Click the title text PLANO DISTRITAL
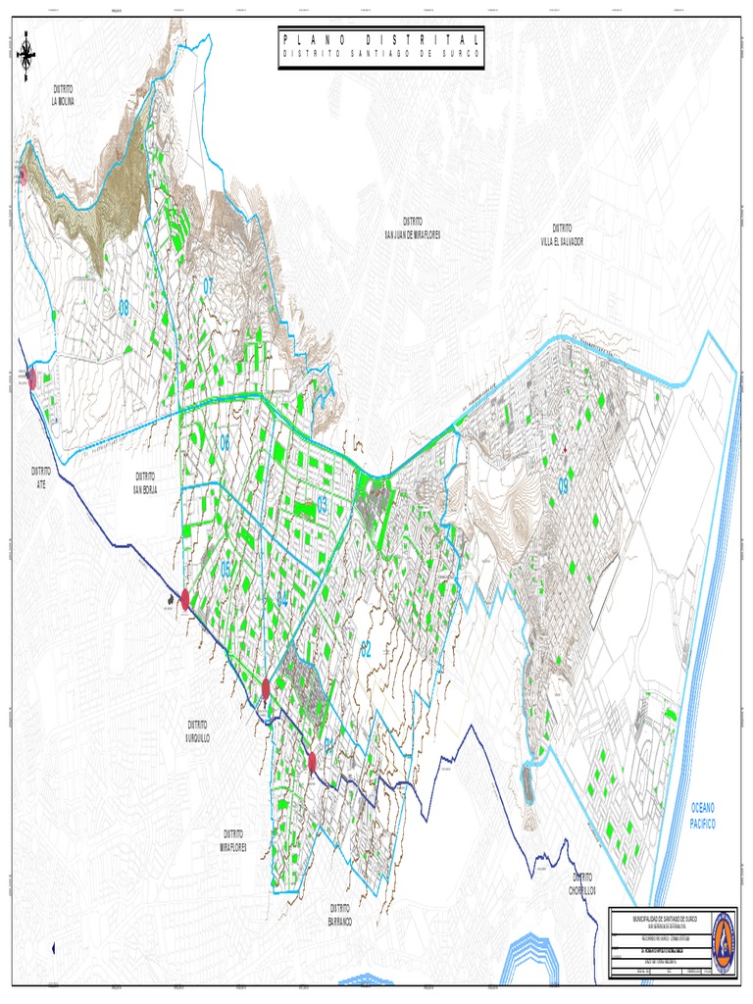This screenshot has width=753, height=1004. pyautogui.click(x=381, y=39)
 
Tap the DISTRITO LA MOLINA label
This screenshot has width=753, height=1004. pyautogui.click(x=64, y=94)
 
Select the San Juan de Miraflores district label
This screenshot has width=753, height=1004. pyautogui.click(x=412, y=227)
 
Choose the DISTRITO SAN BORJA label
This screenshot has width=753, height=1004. pyautogui.click(x=145, y=481)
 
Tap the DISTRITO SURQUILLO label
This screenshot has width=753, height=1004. pyautogui.click(x=199, y=730)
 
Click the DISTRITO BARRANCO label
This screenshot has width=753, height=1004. pyautogui.click(x=340, y=916)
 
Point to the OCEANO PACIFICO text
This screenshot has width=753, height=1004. pyautogui.click(x=703, y=816)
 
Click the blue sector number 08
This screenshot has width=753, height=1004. pyautogui.click(x=125, y=308)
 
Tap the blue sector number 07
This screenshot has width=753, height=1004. pyautogui.click(x=208, y=286)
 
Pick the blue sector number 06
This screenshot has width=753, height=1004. pyautogui.click(x=225, y=444)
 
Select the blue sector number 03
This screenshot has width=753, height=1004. pyautogui.click(x=322, y=506)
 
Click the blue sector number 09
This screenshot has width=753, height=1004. pyautogui.click(x=564, y=485)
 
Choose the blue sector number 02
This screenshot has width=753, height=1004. pyautogui.click(x=366, y=647)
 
